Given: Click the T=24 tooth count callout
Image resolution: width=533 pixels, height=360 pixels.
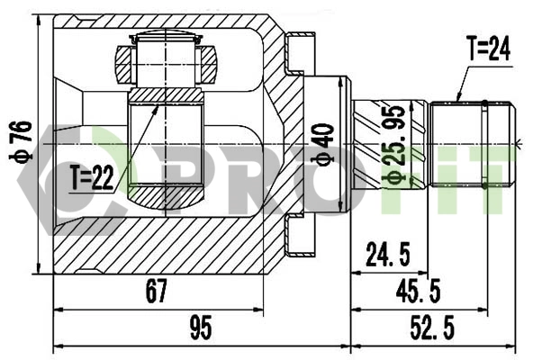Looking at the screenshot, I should point(488,50).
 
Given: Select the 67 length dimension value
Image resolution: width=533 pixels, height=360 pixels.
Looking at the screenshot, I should point(157,290).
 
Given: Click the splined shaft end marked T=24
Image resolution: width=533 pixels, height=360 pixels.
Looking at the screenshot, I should point(472,143).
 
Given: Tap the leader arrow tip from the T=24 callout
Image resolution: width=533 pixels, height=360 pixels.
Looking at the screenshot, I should point(457,101).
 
